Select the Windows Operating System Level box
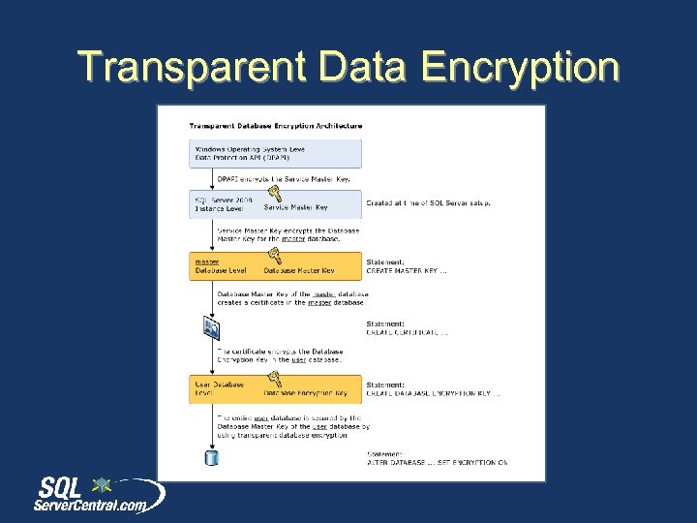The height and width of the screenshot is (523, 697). point(276,153)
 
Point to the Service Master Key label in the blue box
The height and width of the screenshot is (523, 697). point(296,207)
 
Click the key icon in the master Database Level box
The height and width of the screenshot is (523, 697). point(274,255)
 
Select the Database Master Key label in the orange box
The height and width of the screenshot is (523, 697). point(300,270)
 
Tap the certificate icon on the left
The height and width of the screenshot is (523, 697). point(211,327)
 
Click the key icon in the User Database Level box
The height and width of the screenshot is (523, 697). point(274,382)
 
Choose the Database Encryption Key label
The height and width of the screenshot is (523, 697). point(306,393)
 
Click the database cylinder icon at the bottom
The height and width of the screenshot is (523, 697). point(211,457)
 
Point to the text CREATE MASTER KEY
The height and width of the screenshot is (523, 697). point(407,270)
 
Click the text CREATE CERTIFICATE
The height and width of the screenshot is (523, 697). point(407,332)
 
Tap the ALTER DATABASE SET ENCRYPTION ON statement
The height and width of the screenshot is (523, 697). point(436,462)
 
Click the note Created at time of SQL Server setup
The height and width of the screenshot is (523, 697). point(428,203)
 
